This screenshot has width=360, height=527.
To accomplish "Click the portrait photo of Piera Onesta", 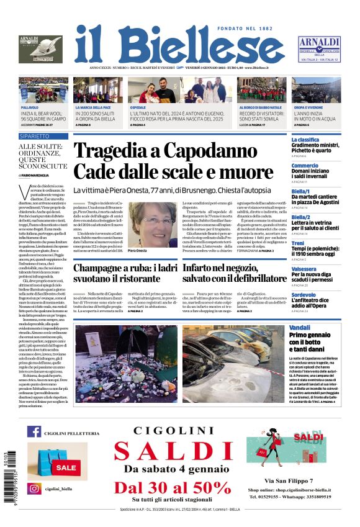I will point(153,224).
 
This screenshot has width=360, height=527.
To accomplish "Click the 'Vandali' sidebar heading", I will point(300,327).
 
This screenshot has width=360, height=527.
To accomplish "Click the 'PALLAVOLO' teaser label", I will point(30,107).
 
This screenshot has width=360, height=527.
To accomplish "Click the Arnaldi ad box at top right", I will point(318,48).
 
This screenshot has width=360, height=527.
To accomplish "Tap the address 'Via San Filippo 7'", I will point(289,481).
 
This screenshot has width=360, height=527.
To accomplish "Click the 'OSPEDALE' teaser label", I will point(138,107).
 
